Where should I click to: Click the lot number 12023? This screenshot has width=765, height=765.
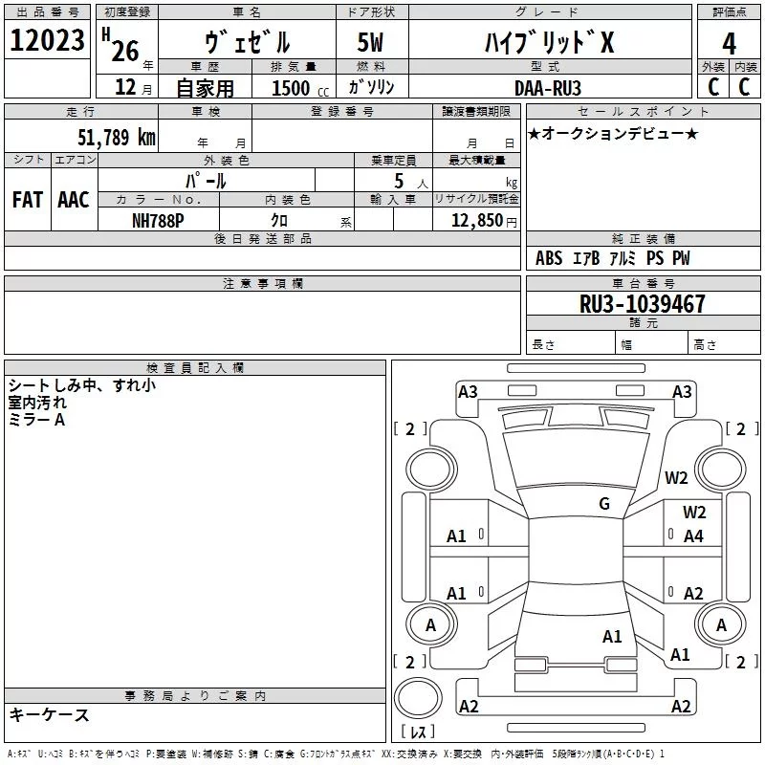click(x=47, y=40)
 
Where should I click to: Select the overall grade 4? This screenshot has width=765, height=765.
click(x=729, y=44)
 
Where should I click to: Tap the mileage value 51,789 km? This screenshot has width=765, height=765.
click(x=117, y=137)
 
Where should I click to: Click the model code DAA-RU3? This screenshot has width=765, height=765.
click(x=548, y=88)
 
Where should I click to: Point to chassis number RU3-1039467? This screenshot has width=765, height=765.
click(x=642, y=304)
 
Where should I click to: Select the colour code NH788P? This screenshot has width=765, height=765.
click(x=158, y=221)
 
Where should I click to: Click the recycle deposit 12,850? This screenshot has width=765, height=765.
click(x=476, y=221)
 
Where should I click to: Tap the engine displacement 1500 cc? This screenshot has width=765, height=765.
click(x=300, y=88)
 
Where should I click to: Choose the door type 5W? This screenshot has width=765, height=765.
click(x=370, y=42)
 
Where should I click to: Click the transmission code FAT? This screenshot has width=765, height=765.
click(x=28, y=200)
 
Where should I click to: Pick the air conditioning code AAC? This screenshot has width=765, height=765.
click(x=74, y=200)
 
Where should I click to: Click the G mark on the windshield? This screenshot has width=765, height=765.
click(x=604, y=503)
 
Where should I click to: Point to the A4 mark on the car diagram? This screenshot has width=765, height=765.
click(x=693, y=536)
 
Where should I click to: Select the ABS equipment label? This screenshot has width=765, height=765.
click(x=549, y=258)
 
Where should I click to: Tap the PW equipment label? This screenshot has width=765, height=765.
click(x=681, y=258)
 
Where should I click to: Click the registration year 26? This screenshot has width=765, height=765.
click(x=125, y=51)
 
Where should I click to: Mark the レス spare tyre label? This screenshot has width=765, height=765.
click(x=418, y=732)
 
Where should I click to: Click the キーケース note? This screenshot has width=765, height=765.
click(x=50, y=714)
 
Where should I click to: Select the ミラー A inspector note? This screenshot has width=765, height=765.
click(x=36, y=420)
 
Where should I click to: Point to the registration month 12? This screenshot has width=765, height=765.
click(x=125, y=87)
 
